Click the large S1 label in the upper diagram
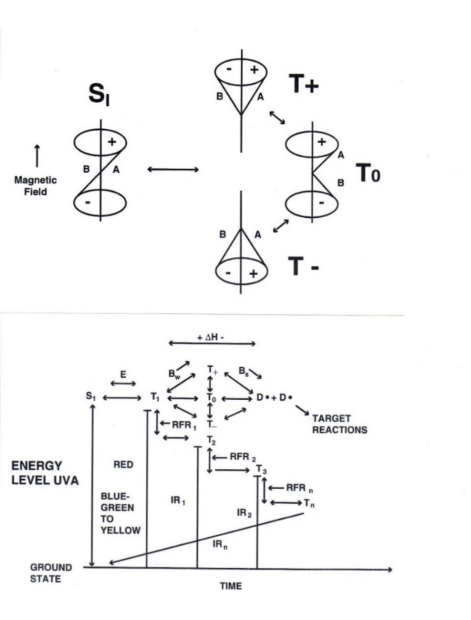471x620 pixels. point(99,95)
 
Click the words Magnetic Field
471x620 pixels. point(36,186)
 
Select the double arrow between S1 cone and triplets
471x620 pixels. point(173,169)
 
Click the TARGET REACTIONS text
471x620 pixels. point(339,424)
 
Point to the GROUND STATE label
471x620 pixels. point(46,573)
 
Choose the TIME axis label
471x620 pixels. point(231,586)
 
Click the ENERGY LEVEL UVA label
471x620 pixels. point(45,473)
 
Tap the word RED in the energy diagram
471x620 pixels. point(123,465)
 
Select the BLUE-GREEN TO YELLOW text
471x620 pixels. point(120,513)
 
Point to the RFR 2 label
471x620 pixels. point(242,457)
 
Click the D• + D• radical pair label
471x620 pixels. point(274,397)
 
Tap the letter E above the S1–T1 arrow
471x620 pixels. point(123,374)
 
